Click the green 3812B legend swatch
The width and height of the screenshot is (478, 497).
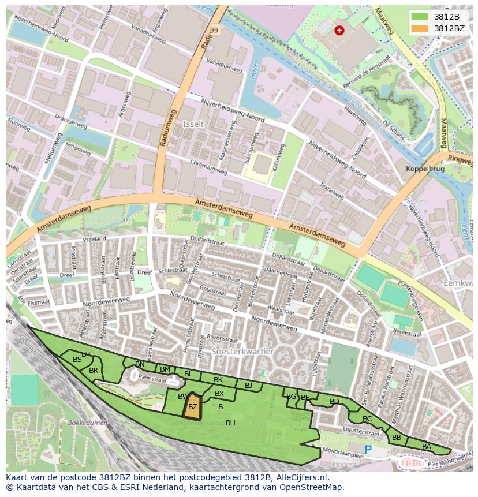pos(420,16)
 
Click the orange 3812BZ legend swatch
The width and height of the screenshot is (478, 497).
pos(420,28)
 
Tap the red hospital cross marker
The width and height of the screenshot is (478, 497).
pos(339,31)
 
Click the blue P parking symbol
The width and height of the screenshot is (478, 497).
pos(368,449)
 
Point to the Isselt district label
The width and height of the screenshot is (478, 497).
pos(193,124)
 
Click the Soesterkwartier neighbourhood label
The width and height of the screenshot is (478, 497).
pos(242,350)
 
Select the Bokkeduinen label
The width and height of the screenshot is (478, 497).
pos(87,423)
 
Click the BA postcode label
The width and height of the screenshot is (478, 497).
pos(427,446)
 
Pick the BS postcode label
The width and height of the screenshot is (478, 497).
pos(77,359)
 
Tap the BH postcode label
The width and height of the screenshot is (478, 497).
pos(230,423)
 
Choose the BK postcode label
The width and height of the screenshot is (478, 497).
pos(218,380)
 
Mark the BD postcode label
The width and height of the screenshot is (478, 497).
pos(334,401)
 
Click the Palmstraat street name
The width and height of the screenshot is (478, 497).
pos(152,379)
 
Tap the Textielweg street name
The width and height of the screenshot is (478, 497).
pos(332,192)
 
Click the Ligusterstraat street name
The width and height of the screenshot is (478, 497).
pos(360,430)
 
